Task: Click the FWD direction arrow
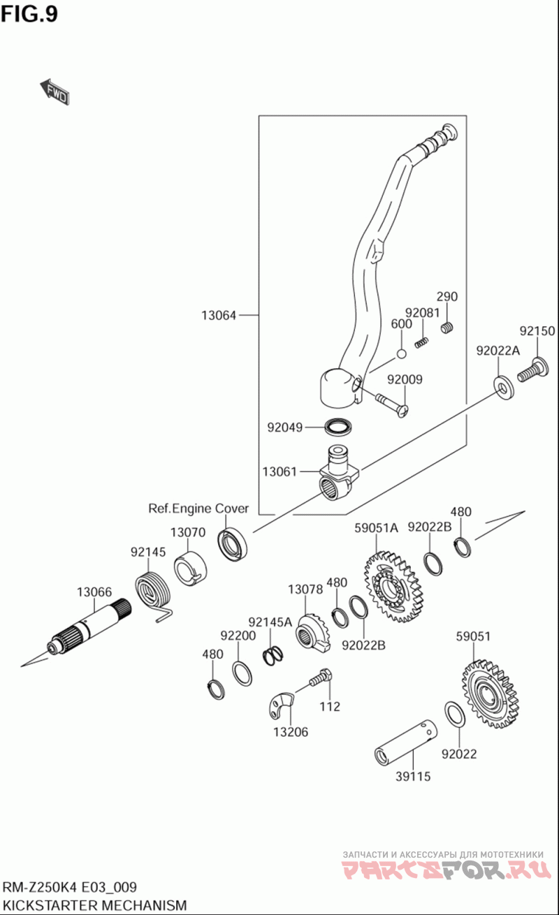coord(55,91)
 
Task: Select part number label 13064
coord(219,316)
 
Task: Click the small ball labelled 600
coord(400,353)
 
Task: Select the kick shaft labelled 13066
coord(87,624)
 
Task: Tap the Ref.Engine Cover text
coord(198,508)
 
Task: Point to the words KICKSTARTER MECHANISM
coord(95,905)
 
